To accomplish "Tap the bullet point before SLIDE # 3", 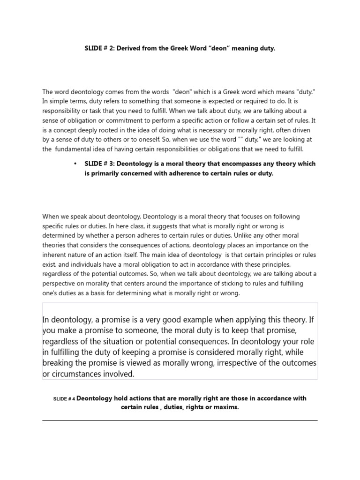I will coord(75,164).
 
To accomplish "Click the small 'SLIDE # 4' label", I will coord(64,399).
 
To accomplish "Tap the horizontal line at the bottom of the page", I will coord(180,420).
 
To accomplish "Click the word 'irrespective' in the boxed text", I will coord(236,363).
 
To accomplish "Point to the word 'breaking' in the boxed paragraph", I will coord(58,363).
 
